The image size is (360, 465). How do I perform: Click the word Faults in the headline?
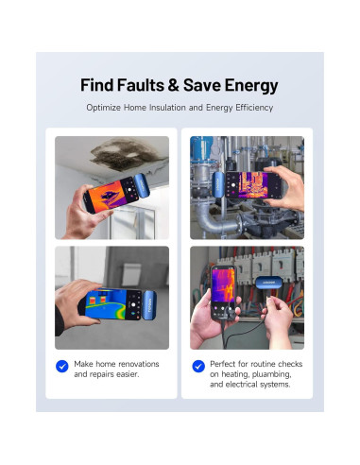click(x=141, y=85)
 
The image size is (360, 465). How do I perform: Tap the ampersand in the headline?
click(x=173, y=85)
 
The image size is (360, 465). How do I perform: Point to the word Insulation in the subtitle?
click(x=167, y=108)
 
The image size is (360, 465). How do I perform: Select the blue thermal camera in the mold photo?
click(x=142, y=186)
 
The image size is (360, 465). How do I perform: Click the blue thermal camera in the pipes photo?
click(x=219, y=184)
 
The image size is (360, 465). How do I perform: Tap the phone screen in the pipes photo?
click(x=253, y=185)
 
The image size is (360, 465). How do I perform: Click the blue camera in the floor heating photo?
click(x=149, y=305)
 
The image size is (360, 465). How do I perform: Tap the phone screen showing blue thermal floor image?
click(x=112, y=303)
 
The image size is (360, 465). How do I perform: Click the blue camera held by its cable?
click(x=268, y=283)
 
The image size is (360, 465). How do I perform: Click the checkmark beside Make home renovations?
click(x=62, y=366)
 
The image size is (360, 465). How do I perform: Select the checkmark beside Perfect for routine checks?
click(x=198, y=366)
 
